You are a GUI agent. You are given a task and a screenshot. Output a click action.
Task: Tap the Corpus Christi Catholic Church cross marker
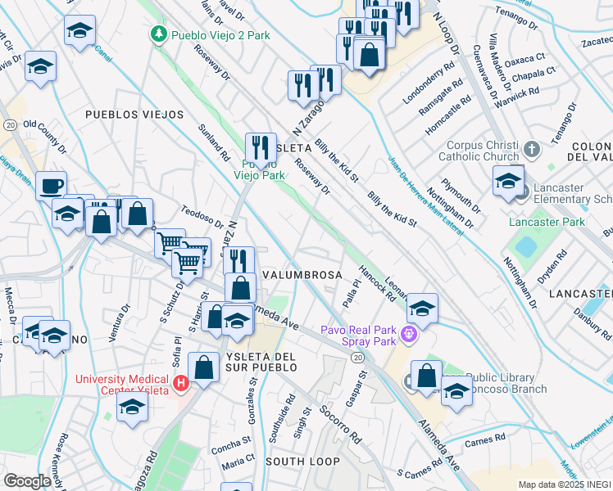pos(532,150)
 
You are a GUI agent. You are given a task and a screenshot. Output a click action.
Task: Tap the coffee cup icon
pos(51,185)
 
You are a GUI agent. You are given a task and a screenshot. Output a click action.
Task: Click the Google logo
pos(28,481)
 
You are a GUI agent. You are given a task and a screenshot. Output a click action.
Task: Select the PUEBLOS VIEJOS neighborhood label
pos(134,115)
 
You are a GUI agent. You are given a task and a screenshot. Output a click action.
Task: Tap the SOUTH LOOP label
pos(303,462)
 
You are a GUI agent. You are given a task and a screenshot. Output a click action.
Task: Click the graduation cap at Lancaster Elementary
pos(508,180)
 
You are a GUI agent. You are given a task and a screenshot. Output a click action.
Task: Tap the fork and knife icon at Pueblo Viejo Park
pos(261,148)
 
